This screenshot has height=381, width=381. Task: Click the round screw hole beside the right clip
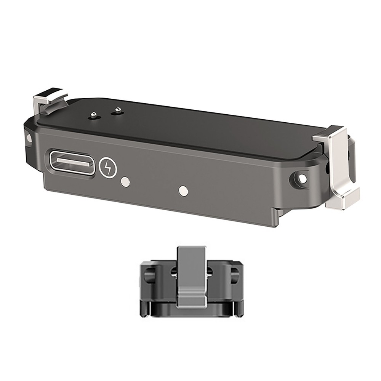302,178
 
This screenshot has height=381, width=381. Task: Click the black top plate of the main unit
198,126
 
